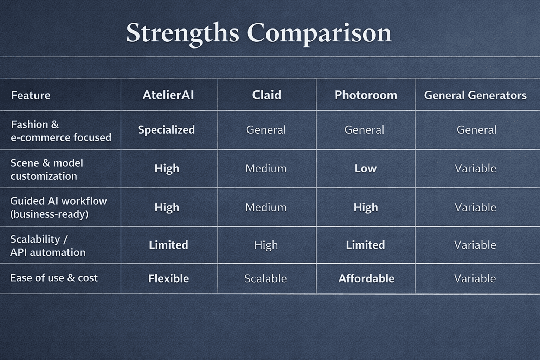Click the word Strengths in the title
(183, 34)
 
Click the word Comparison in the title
(319, 34)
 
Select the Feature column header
(31, 95)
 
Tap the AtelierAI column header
(168, 95)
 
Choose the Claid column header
(266, 95)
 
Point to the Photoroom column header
(366, 95)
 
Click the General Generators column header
(475, 95)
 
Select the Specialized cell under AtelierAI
(166, 130)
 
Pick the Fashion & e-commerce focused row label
(61, 131)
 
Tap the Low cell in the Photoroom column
(366, 168)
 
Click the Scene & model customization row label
(46, 169)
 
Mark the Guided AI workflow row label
(58, 207)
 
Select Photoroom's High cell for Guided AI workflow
(366, 207)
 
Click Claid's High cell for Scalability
(266, 245)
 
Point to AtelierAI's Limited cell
(168, 245)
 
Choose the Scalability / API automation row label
(48, 246)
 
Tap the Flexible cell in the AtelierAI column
(168, 278)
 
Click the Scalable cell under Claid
(266, 278)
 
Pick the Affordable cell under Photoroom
(366, 278)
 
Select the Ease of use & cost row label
(54, 278)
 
